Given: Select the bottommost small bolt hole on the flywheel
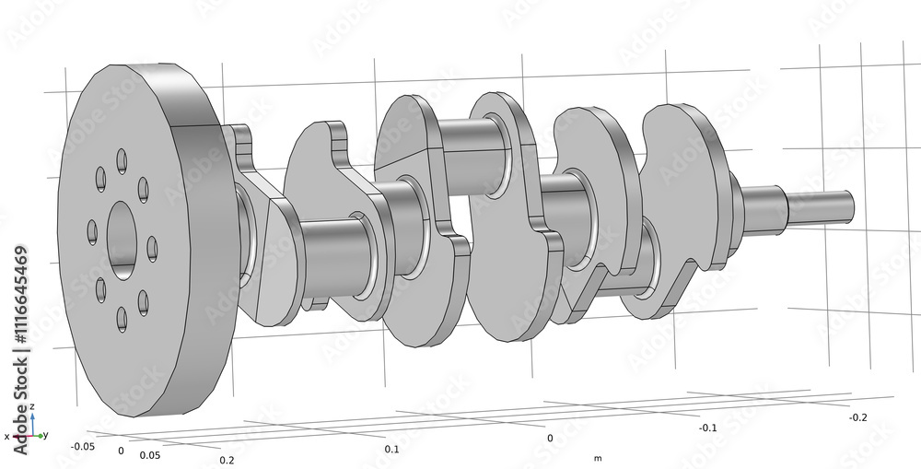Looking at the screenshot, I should point(122,320).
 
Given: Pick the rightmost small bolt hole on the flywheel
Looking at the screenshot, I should point(152,249).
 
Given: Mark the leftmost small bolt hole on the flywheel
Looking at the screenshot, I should point(92,230).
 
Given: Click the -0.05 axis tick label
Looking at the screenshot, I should point(83,446).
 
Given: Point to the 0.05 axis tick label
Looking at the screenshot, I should point(151,455).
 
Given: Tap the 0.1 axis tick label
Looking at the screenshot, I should point(391,449).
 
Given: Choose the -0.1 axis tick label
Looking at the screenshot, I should point(706,428).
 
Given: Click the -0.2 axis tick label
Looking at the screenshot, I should point(857,417).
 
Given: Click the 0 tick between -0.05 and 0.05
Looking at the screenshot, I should point(121,451).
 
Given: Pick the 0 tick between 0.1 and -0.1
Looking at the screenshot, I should point(550,439).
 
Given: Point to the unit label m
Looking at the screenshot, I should point(598,458).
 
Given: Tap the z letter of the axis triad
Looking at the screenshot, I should point(32,406).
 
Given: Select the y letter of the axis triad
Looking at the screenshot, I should point(46,435).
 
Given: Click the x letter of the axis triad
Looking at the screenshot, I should point(6,437).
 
